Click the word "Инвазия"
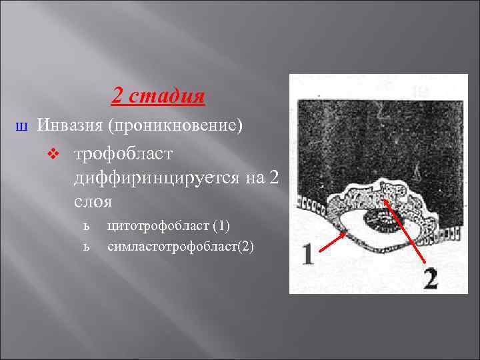click(69, 125)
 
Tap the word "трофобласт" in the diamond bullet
click(123, 154)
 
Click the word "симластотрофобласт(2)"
click(181, 246)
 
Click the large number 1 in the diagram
click(307, 255)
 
